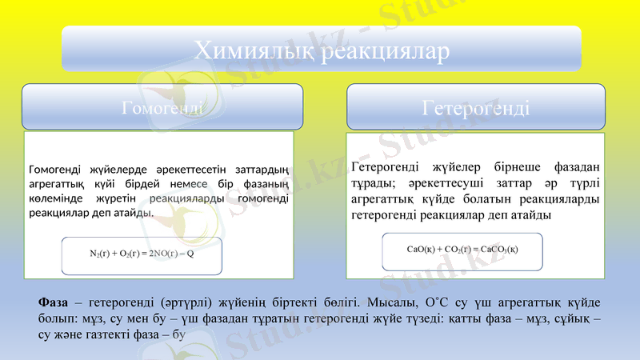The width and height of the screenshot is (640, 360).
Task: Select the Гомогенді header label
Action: pyautogui.click(x=161, y=107)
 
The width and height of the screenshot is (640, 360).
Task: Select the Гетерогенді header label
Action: pyautogui.click(x=475, y=107)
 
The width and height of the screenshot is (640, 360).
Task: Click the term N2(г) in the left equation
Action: pyautogui.click(x=100, y=254)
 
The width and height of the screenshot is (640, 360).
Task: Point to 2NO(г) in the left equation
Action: pyautogui.click(x=161, y=254)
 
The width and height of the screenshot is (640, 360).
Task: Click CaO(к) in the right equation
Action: pyautogui.click(x=421, y=248)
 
